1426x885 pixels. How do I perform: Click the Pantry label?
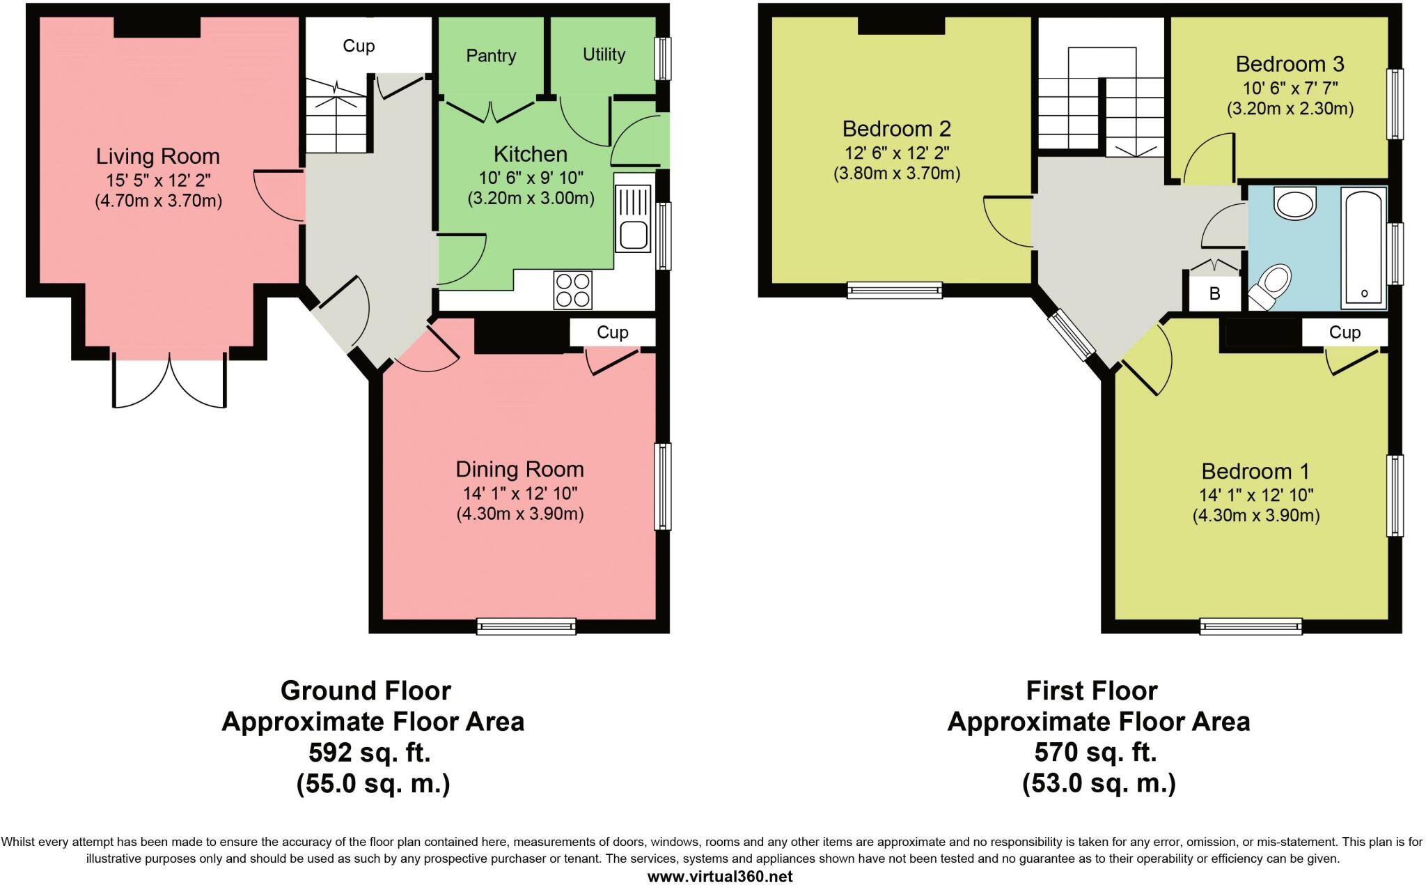click(491, 56)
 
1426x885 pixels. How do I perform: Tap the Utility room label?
click(604, 54)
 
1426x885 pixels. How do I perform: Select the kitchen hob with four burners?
click(573, 290)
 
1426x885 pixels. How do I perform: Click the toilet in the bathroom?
click(1270, 286)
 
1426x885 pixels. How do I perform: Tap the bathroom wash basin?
click(1295, 202)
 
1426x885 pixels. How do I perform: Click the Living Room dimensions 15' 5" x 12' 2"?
click(158, 180)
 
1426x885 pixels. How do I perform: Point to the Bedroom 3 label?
click(1290, 64)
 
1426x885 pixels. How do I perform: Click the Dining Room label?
click(519, 469)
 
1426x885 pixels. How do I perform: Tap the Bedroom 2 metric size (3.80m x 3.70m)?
click(897, 174)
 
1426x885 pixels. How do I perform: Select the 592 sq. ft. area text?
click(370, 753)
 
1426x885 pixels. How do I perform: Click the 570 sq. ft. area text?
click(1095, 753)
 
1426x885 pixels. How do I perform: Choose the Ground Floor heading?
click(366, 691)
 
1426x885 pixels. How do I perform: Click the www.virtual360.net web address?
click(720, 877)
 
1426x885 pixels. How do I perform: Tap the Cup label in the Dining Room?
click(613, 332)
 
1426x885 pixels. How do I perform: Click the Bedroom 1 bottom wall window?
click(1251, 626)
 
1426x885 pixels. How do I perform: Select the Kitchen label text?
click(531, 154)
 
